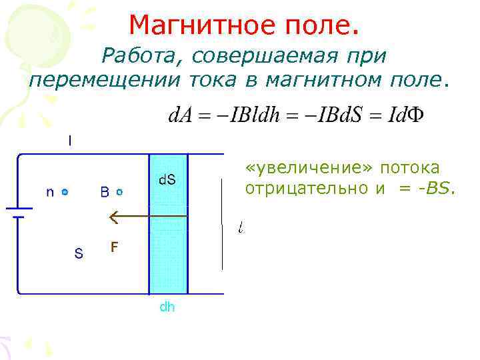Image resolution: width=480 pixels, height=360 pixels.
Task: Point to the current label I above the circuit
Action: click(x=70, y=141)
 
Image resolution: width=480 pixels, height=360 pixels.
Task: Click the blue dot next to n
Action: click(x=65, y=192)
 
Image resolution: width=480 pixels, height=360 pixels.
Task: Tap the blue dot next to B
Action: click(x=119, y=192)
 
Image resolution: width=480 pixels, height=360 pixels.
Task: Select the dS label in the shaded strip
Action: click(x=167, y=180)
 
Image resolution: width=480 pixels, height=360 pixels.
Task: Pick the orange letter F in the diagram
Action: click(x=115, y=247)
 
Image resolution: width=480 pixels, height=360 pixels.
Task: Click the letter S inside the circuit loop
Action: click(x=79, y=254)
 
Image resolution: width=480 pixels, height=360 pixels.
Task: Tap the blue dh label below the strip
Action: click(x=167, y=307)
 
